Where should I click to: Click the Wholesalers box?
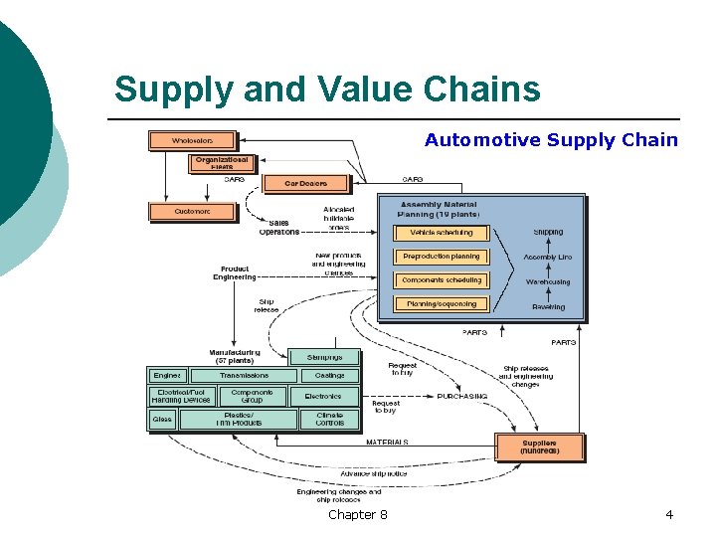pos(192,141)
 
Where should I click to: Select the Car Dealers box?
pos(305,183)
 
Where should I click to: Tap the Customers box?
pos(192,212)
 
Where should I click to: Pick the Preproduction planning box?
pos(441,257)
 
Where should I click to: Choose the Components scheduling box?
pos(441,280)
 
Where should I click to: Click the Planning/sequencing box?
pos(441,304)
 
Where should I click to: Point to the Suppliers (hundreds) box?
pos(540,447)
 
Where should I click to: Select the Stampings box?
pos(324,357)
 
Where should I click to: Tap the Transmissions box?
pos(244,376)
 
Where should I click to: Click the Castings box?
pos(329,376)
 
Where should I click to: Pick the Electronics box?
pos(323,396)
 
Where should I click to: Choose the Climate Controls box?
pos(329,419)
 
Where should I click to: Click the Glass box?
pos(162,419)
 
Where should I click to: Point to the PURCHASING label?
pos(462,396)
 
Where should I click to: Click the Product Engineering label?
pos(235,271)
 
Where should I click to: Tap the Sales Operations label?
pos(279,228)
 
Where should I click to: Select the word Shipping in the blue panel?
pos(548,233)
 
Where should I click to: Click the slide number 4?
pos(669,514)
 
